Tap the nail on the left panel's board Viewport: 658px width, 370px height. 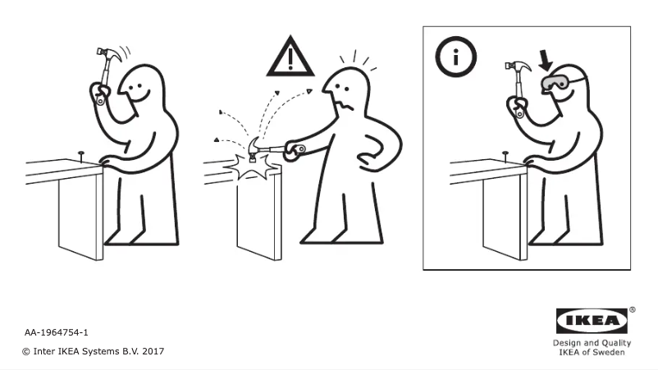(80, 154)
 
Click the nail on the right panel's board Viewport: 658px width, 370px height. (505, 154)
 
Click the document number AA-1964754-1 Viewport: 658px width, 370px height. (57, 333)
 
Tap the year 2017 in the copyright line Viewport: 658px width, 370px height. (153, 351)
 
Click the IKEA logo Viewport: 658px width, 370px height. (592, 321)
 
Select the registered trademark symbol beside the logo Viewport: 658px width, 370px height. (632, 310)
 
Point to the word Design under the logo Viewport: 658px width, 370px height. (566, 343)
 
